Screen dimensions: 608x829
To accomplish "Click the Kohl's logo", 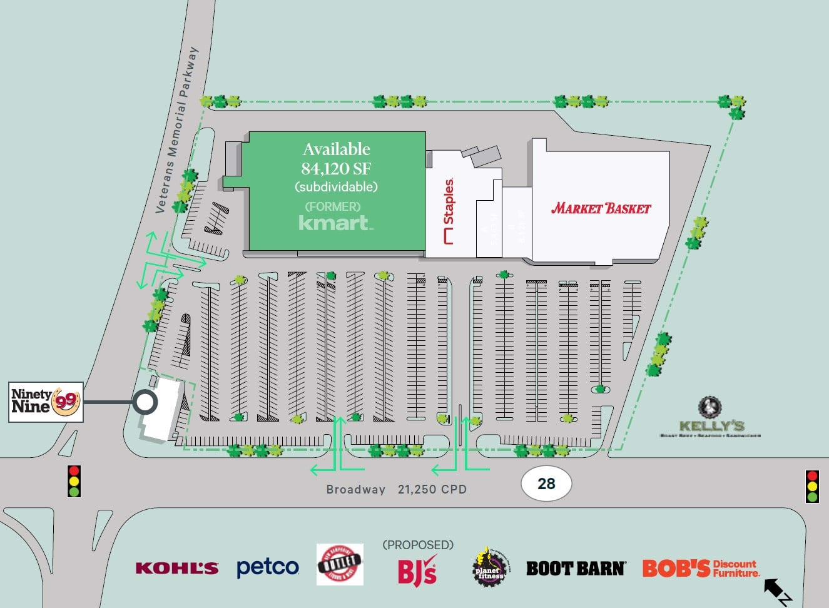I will [x=177, y=568].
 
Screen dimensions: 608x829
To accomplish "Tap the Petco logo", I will [x=268, y=567].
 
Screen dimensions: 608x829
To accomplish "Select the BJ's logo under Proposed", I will [x=417, y=570].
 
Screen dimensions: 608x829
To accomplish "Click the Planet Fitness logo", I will [x=488, y=567].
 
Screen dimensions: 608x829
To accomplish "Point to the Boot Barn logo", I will [x=575, y=568].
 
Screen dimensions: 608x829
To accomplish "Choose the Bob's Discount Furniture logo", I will [x=701, y=568].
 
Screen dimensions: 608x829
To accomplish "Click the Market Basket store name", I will [x=601, y=208].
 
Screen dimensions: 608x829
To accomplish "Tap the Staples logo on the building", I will [x=448, y=211].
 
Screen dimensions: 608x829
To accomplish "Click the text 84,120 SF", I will [x=336, y=169].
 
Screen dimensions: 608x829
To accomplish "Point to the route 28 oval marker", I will [x=546, y=483].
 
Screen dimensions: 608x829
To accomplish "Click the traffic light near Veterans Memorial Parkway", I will [x=74, y=481].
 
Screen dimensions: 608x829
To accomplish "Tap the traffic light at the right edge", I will [x=812, y=486].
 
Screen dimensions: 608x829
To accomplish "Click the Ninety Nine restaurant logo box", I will [x=46, y=402].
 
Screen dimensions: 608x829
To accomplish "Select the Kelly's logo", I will [x=710, y=417].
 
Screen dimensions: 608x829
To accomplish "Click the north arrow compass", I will [x=777, y=591].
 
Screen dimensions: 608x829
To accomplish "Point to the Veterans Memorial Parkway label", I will [x=177, y=129].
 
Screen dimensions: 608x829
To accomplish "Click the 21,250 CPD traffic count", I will [x=432, y=489].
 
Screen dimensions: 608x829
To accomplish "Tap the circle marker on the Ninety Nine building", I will [x=145, y=402].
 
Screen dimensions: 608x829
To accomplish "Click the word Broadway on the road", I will [x=355, y=489].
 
